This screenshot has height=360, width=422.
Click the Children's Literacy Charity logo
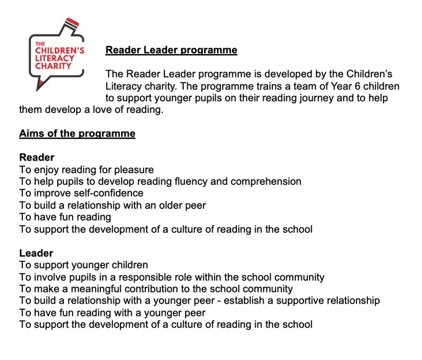(x=57, y=55)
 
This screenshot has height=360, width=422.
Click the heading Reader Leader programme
(x=171, y=50)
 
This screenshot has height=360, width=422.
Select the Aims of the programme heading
(x=77, y=133)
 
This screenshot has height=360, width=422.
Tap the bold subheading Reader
(x=37, y=157)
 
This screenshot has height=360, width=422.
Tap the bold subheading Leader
(x=36, y=253)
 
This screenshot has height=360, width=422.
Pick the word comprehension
(x=261, y=181)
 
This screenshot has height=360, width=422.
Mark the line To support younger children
(x=83, y=265)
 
